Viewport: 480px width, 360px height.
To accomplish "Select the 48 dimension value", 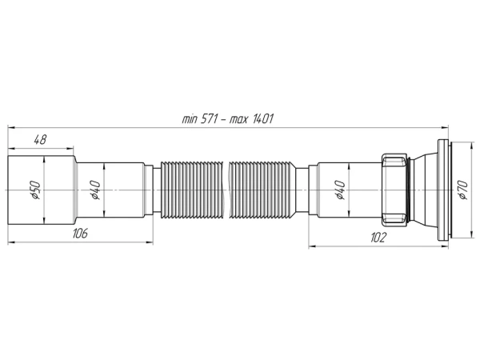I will click(39, 139).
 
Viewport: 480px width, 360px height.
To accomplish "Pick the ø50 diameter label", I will click(37, 189).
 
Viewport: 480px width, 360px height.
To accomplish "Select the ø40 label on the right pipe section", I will click(340, 190).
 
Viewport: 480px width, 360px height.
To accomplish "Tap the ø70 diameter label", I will click(462, 189).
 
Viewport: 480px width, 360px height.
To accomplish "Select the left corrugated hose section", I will click(192, 189).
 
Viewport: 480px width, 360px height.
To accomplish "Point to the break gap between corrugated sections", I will click(226, 189).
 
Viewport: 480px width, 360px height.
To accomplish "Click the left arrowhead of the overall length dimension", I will click(10, 126).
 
